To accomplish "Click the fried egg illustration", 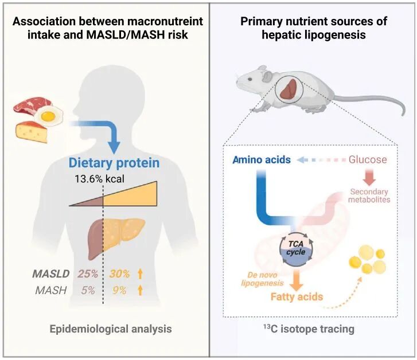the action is click(49, 115).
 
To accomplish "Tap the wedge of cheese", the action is click(32, 132).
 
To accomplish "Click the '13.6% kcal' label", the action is click(99, 179).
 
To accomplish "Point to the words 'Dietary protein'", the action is click(114, 163).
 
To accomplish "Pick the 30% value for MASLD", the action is click(119, 273).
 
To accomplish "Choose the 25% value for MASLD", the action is click(88, 273).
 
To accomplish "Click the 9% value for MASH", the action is click(119, 290).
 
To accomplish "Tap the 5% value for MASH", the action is click(88, 290).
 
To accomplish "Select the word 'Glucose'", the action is click(368, 159).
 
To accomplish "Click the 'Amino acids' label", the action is click(262, 159).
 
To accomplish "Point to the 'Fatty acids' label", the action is click(297, 296).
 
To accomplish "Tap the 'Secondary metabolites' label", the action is click(369, 195).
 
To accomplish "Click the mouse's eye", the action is click(250, 79).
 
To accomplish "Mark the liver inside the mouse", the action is click(289, 89).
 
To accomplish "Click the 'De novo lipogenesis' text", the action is click(262, 279).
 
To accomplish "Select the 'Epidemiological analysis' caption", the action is click(111, 329).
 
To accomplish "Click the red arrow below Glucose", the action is click(369, 178).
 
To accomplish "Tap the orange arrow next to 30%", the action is click(140, 274).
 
